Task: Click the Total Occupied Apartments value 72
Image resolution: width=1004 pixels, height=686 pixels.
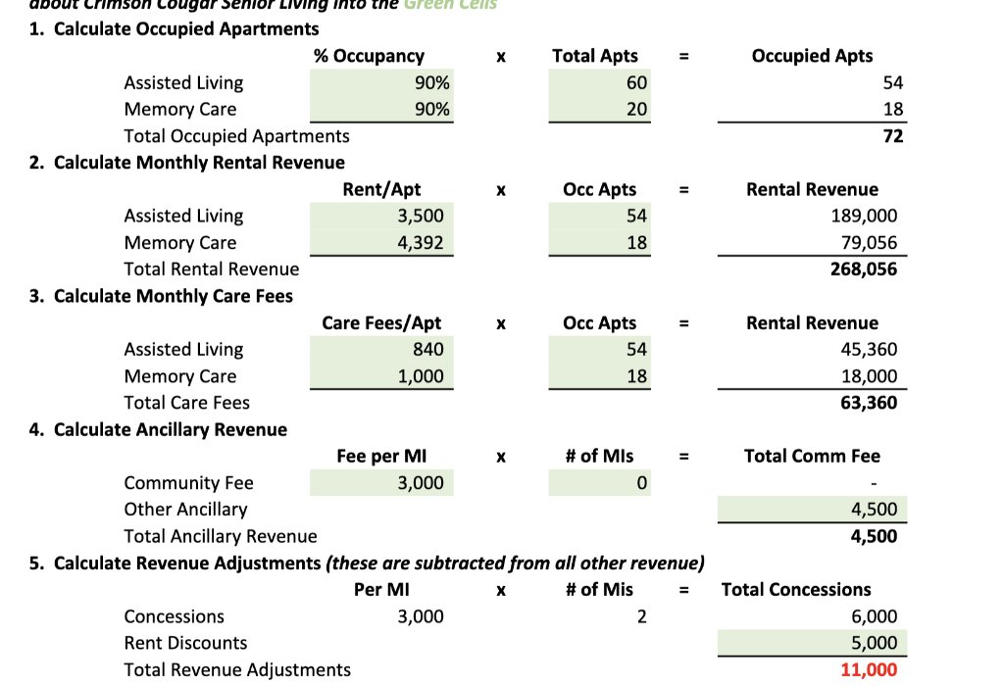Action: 892,136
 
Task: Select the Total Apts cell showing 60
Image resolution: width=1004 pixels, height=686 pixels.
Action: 636,83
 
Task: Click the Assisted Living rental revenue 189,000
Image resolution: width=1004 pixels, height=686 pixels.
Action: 863,217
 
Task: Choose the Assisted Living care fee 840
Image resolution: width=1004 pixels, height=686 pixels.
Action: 428,350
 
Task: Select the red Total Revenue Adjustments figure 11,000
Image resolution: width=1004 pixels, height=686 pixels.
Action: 868,670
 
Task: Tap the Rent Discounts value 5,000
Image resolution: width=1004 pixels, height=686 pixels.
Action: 874,644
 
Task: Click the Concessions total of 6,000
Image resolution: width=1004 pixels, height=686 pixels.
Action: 874,617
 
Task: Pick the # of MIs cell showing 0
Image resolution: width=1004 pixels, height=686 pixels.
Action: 641,483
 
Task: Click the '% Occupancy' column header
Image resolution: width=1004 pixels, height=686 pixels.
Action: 369,57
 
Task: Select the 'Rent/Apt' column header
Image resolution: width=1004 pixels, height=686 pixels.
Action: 381,190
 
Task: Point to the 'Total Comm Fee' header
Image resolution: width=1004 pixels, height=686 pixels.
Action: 812,457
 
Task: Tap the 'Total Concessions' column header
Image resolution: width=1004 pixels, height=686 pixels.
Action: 796,590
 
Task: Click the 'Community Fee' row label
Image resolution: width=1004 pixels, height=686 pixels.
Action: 188,483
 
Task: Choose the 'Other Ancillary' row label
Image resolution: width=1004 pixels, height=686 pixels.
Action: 185,510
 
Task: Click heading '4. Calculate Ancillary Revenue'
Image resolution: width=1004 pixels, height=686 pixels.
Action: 158,430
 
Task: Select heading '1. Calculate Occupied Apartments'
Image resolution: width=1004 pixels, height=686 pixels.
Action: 174,29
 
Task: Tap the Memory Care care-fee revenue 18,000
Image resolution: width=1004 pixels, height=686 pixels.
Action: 869,376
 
